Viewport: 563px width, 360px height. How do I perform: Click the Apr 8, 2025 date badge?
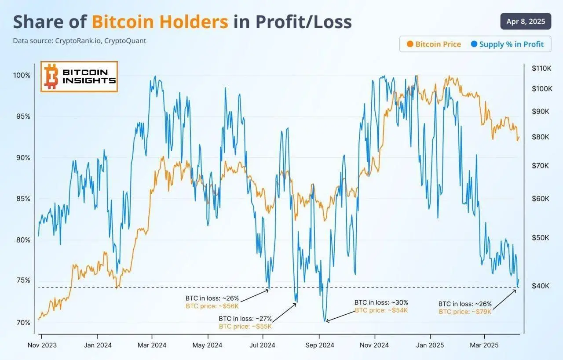(526, 22)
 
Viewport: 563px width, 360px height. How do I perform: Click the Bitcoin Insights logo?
(79, 76)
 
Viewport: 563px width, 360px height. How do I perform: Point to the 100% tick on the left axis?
(22, 75)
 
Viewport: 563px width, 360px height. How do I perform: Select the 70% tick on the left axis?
(23, 323)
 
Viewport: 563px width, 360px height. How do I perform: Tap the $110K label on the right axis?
(541, 68)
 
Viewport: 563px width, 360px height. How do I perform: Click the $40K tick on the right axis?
(541, 286)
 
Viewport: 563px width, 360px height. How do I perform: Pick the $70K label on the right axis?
(541, 166)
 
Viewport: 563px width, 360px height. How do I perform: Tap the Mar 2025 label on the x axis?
(484, 345)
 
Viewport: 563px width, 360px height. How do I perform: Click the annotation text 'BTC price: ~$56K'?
(212, 306)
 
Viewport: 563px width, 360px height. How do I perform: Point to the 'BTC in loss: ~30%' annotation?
(381, 302)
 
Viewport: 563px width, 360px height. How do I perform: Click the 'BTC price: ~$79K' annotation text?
(465, 312)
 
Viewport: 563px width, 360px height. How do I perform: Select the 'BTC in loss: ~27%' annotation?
(245, 319)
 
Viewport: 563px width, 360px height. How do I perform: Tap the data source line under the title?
(79, 40)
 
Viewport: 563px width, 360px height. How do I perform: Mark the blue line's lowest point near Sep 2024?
(325, 321)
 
